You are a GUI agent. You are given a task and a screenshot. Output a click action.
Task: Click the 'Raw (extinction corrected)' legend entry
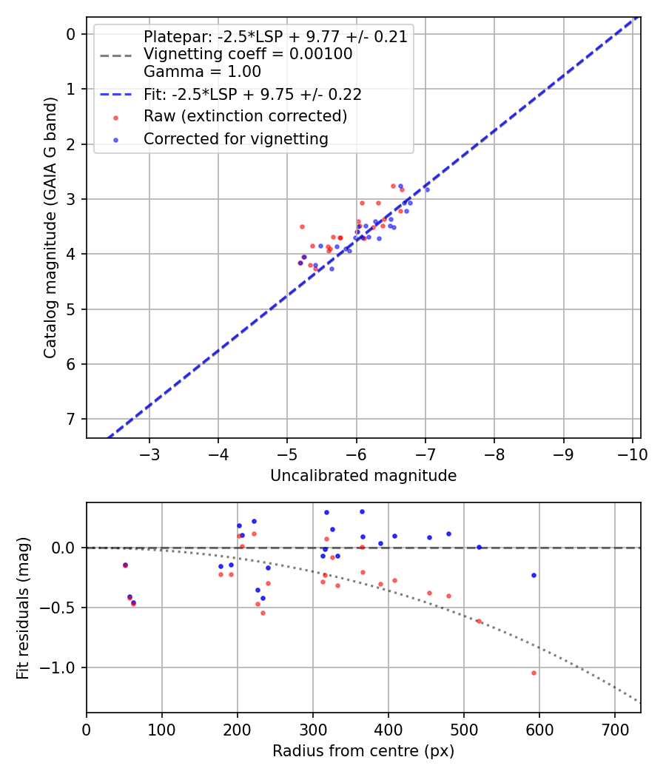click(x=245, y=117)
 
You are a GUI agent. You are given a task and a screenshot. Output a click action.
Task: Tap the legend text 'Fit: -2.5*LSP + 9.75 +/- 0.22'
click(x=252, y=95)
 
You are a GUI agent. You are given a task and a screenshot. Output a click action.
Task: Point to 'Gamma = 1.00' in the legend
click(x=202, y=73)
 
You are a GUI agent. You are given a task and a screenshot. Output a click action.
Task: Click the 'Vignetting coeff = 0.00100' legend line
click(x=248, y=55)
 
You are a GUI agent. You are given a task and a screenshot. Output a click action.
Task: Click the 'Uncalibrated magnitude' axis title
click(x=363, y=476)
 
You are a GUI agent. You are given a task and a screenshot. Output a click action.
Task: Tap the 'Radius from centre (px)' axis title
click(x=363, y=752)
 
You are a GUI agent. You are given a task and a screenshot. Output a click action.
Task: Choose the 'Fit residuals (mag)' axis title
click(x=24, y=608)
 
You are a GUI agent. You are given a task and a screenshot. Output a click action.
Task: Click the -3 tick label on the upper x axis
click(x=149, y=454)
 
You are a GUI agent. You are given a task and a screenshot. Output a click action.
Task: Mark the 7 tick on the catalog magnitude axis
click(x=71, y=420)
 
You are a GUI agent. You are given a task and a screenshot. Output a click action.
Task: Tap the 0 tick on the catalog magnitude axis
click(x=71, y=34)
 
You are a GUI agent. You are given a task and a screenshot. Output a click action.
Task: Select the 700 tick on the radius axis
click(x=614, y=729)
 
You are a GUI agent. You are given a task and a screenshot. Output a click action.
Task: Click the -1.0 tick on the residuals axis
click(x=61, y=668)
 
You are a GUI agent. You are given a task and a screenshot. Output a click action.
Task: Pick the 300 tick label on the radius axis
click(x=313, y=729)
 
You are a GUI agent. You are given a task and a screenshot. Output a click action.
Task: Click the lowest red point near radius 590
click(x=534, y=673)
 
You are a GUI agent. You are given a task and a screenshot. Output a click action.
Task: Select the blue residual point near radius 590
click(x=534, y=575)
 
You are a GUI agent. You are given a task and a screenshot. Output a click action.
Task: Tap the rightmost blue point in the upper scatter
click(x=426, y=189)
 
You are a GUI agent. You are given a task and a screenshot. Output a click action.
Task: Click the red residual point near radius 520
click(x=479, y=622)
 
